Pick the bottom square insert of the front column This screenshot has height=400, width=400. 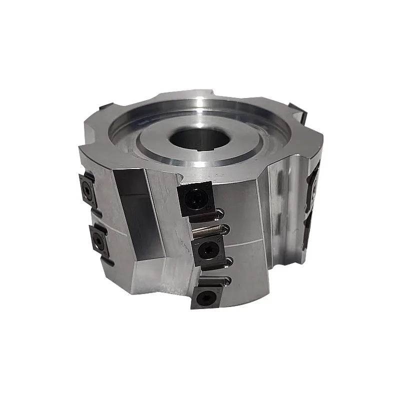click(x=207, y=297)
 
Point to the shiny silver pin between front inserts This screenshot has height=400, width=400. click(x=206, y=230)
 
